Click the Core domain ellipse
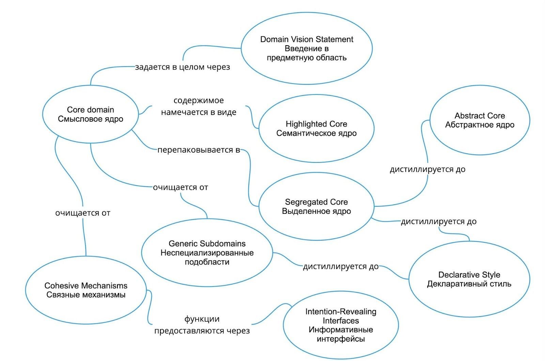(90, 114)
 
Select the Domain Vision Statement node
(307, 48)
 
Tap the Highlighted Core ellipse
(316, 128)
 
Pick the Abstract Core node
(480, 120)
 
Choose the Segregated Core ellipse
(316, 206)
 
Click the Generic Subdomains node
(207, 253)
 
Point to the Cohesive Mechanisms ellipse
(86, 290)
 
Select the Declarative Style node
(469, 279)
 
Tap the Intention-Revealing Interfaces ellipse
(341, 325)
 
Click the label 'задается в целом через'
(182, 67)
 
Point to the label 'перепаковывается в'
(199, 150)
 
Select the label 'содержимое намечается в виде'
(199, 106)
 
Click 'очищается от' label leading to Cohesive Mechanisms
(83, 213)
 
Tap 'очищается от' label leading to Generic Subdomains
(180, 187)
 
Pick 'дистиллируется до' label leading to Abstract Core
(427, 169)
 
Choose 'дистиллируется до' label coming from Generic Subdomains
(341, 267)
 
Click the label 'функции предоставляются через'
(202, 325)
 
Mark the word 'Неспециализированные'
(207, 253)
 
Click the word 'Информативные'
(341, 330)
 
